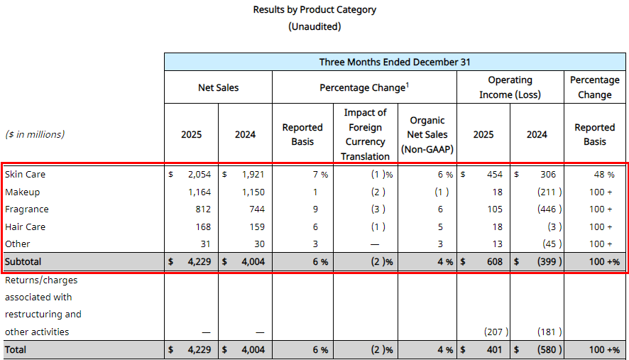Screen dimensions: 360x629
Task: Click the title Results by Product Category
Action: (x=314, y=10)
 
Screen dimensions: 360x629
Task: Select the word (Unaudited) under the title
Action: (x=314, y=26)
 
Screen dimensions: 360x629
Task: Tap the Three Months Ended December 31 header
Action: (x=395, y=62)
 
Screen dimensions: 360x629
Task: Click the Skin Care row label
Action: (x=25, y=175)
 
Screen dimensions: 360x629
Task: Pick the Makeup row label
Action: (x=22, y=192)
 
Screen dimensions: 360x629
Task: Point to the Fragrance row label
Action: (x=26, y=209)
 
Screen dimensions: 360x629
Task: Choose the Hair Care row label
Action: (x=25, y=227)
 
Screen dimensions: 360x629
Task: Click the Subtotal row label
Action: (x=23, y=261)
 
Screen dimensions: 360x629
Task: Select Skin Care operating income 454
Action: (x=494, y=175)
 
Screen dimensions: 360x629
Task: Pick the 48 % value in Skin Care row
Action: (x=605, y=175)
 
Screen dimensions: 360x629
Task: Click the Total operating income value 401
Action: (x=494, y=349)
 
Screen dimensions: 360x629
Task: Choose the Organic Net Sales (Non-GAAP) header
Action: (x=427, y=135)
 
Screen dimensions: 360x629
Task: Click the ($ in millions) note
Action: (x=35, y=135)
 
